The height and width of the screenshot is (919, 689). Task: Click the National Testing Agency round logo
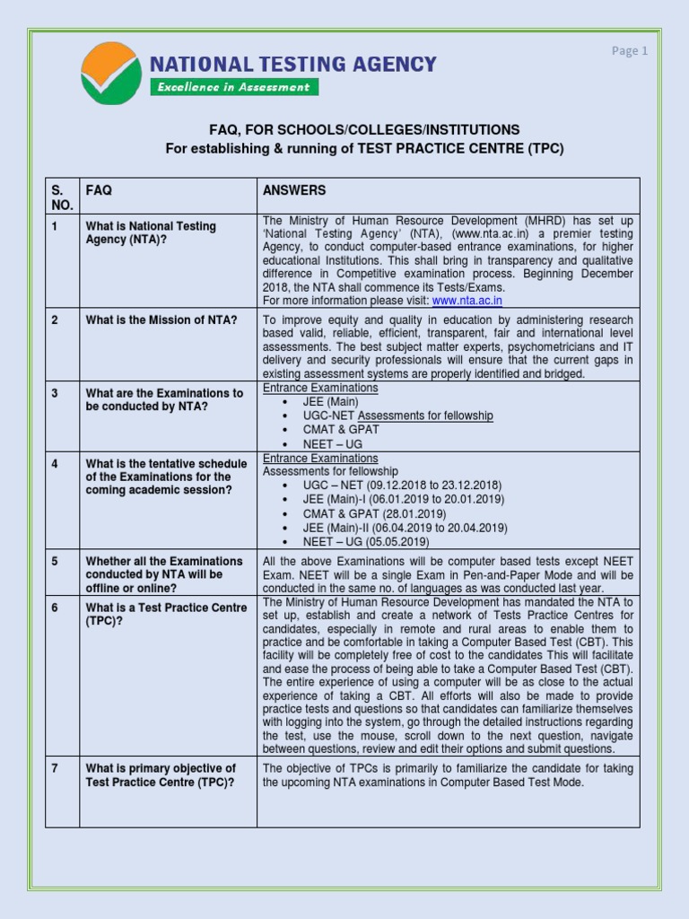coord(110,73)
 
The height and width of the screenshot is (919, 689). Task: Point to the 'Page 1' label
coord(630,51)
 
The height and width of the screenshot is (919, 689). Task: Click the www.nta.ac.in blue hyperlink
coord(467,301)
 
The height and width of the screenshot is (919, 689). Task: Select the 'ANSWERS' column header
coord(294,190)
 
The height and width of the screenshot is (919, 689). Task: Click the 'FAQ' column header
coord(99,190)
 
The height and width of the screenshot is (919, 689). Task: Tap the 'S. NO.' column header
coord(59,197)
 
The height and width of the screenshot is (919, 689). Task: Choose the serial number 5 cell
coord(55,561)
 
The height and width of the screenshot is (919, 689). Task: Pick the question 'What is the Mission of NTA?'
coord(161,320)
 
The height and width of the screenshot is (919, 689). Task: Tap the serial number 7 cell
coord(55,768)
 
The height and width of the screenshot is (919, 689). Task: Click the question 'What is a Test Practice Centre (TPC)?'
coord(165,614)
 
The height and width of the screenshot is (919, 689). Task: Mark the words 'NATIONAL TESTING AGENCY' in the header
coord(292,64)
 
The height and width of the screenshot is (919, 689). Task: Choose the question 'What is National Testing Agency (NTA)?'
coord(151,232)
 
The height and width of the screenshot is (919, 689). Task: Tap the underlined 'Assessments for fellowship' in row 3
coord(425,416)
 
